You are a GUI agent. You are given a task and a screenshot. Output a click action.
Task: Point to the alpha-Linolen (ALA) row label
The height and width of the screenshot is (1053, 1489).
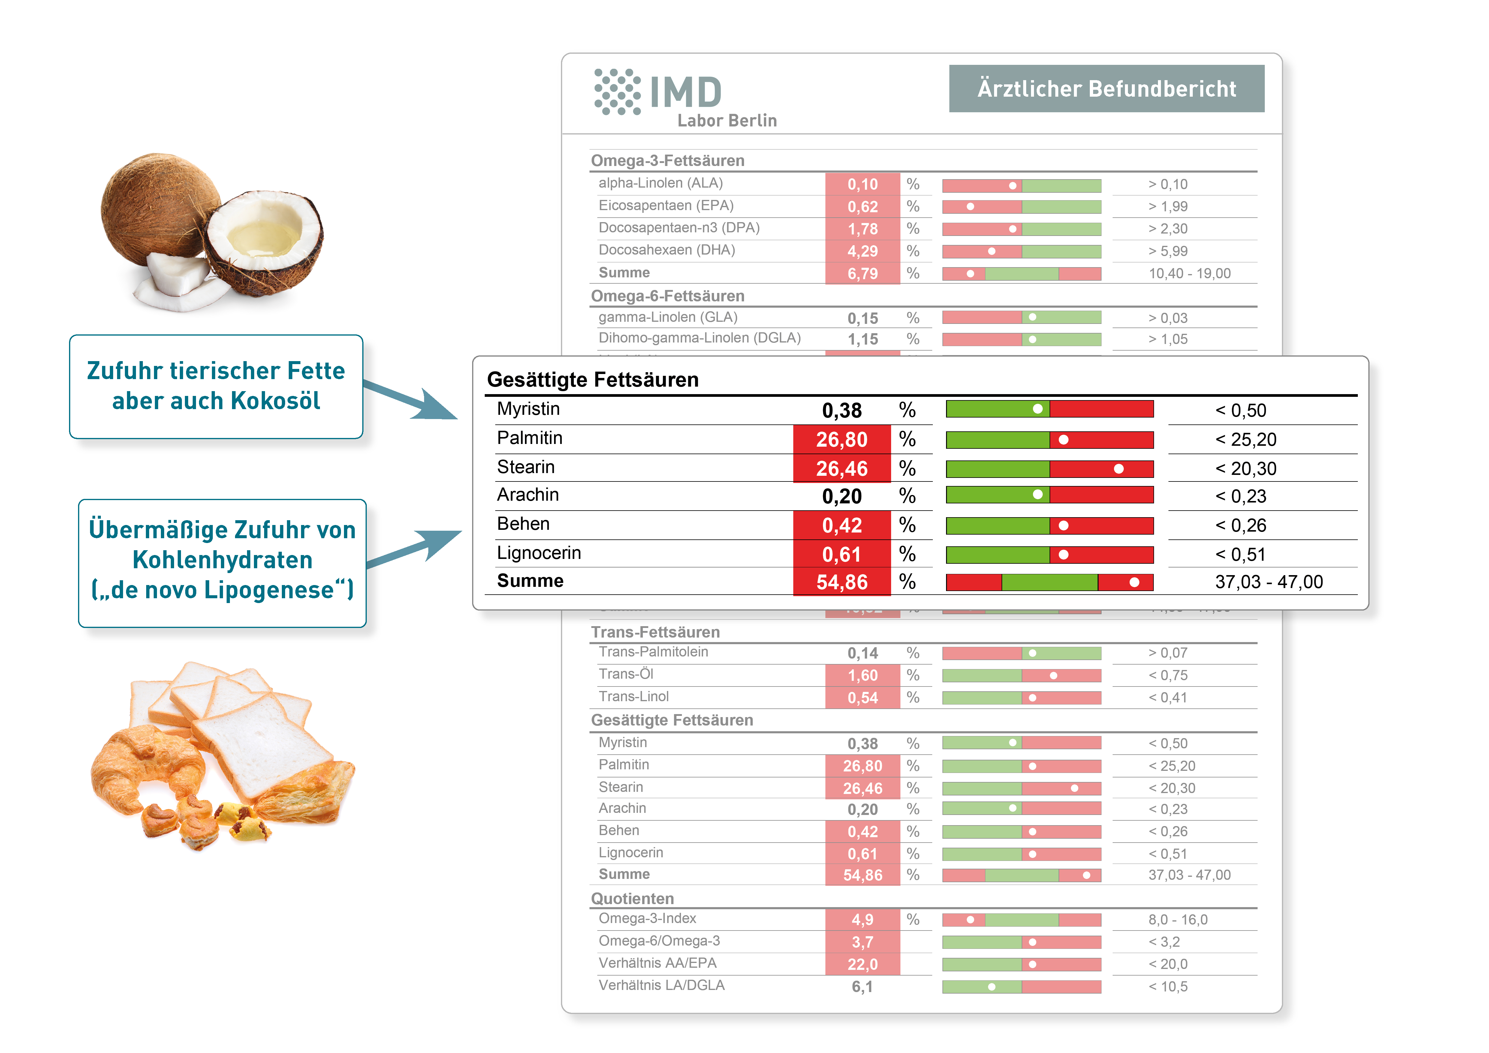[660, 183]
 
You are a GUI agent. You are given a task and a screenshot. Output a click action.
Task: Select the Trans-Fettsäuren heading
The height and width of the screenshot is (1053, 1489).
[655, 632]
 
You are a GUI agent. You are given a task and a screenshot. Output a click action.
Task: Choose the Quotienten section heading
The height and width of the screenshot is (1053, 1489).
[632, 899]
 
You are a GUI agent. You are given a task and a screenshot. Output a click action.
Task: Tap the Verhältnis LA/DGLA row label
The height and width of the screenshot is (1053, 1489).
[662, 985]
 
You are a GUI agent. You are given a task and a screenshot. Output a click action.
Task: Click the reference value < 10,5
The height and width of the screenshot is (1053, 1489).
[1168, 987]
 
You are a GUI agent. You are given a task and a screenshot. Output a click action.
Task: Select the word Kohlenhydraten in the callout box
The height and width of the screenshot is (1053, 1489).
[222, 560]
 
